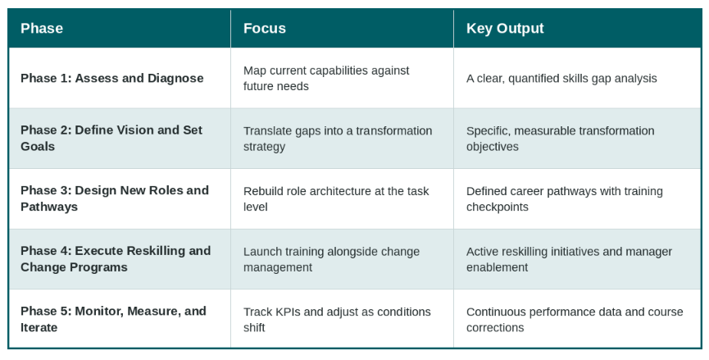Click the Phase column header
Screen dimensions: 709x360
pyautogui.click(x=42, y=29)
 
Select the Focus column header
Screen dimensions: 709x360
pyautogui.click(x=265, y=29)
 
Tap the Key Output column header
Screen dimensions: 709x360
pyautogui.click(x=505, y=29)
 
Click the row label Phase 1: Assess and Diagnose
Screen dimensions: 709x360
pyautogui.click(x=112, y=78)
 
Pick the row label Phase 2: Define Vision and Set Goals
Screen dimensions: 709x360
pyautogui.click(x=111, y=138)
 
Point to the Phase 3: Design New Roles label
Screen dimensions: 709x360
pyautogui.click(x=115, y=198)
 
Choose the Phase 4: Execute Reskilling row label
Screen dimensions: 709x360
pyautogui.click(x=116, y=258)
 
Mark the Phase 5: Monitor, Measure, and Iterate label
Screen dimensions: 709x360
pyautogui.click(x=113, y=319)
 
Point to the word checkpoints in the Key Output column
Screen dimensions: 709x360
pyautogui.click(x=498, y=207)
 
